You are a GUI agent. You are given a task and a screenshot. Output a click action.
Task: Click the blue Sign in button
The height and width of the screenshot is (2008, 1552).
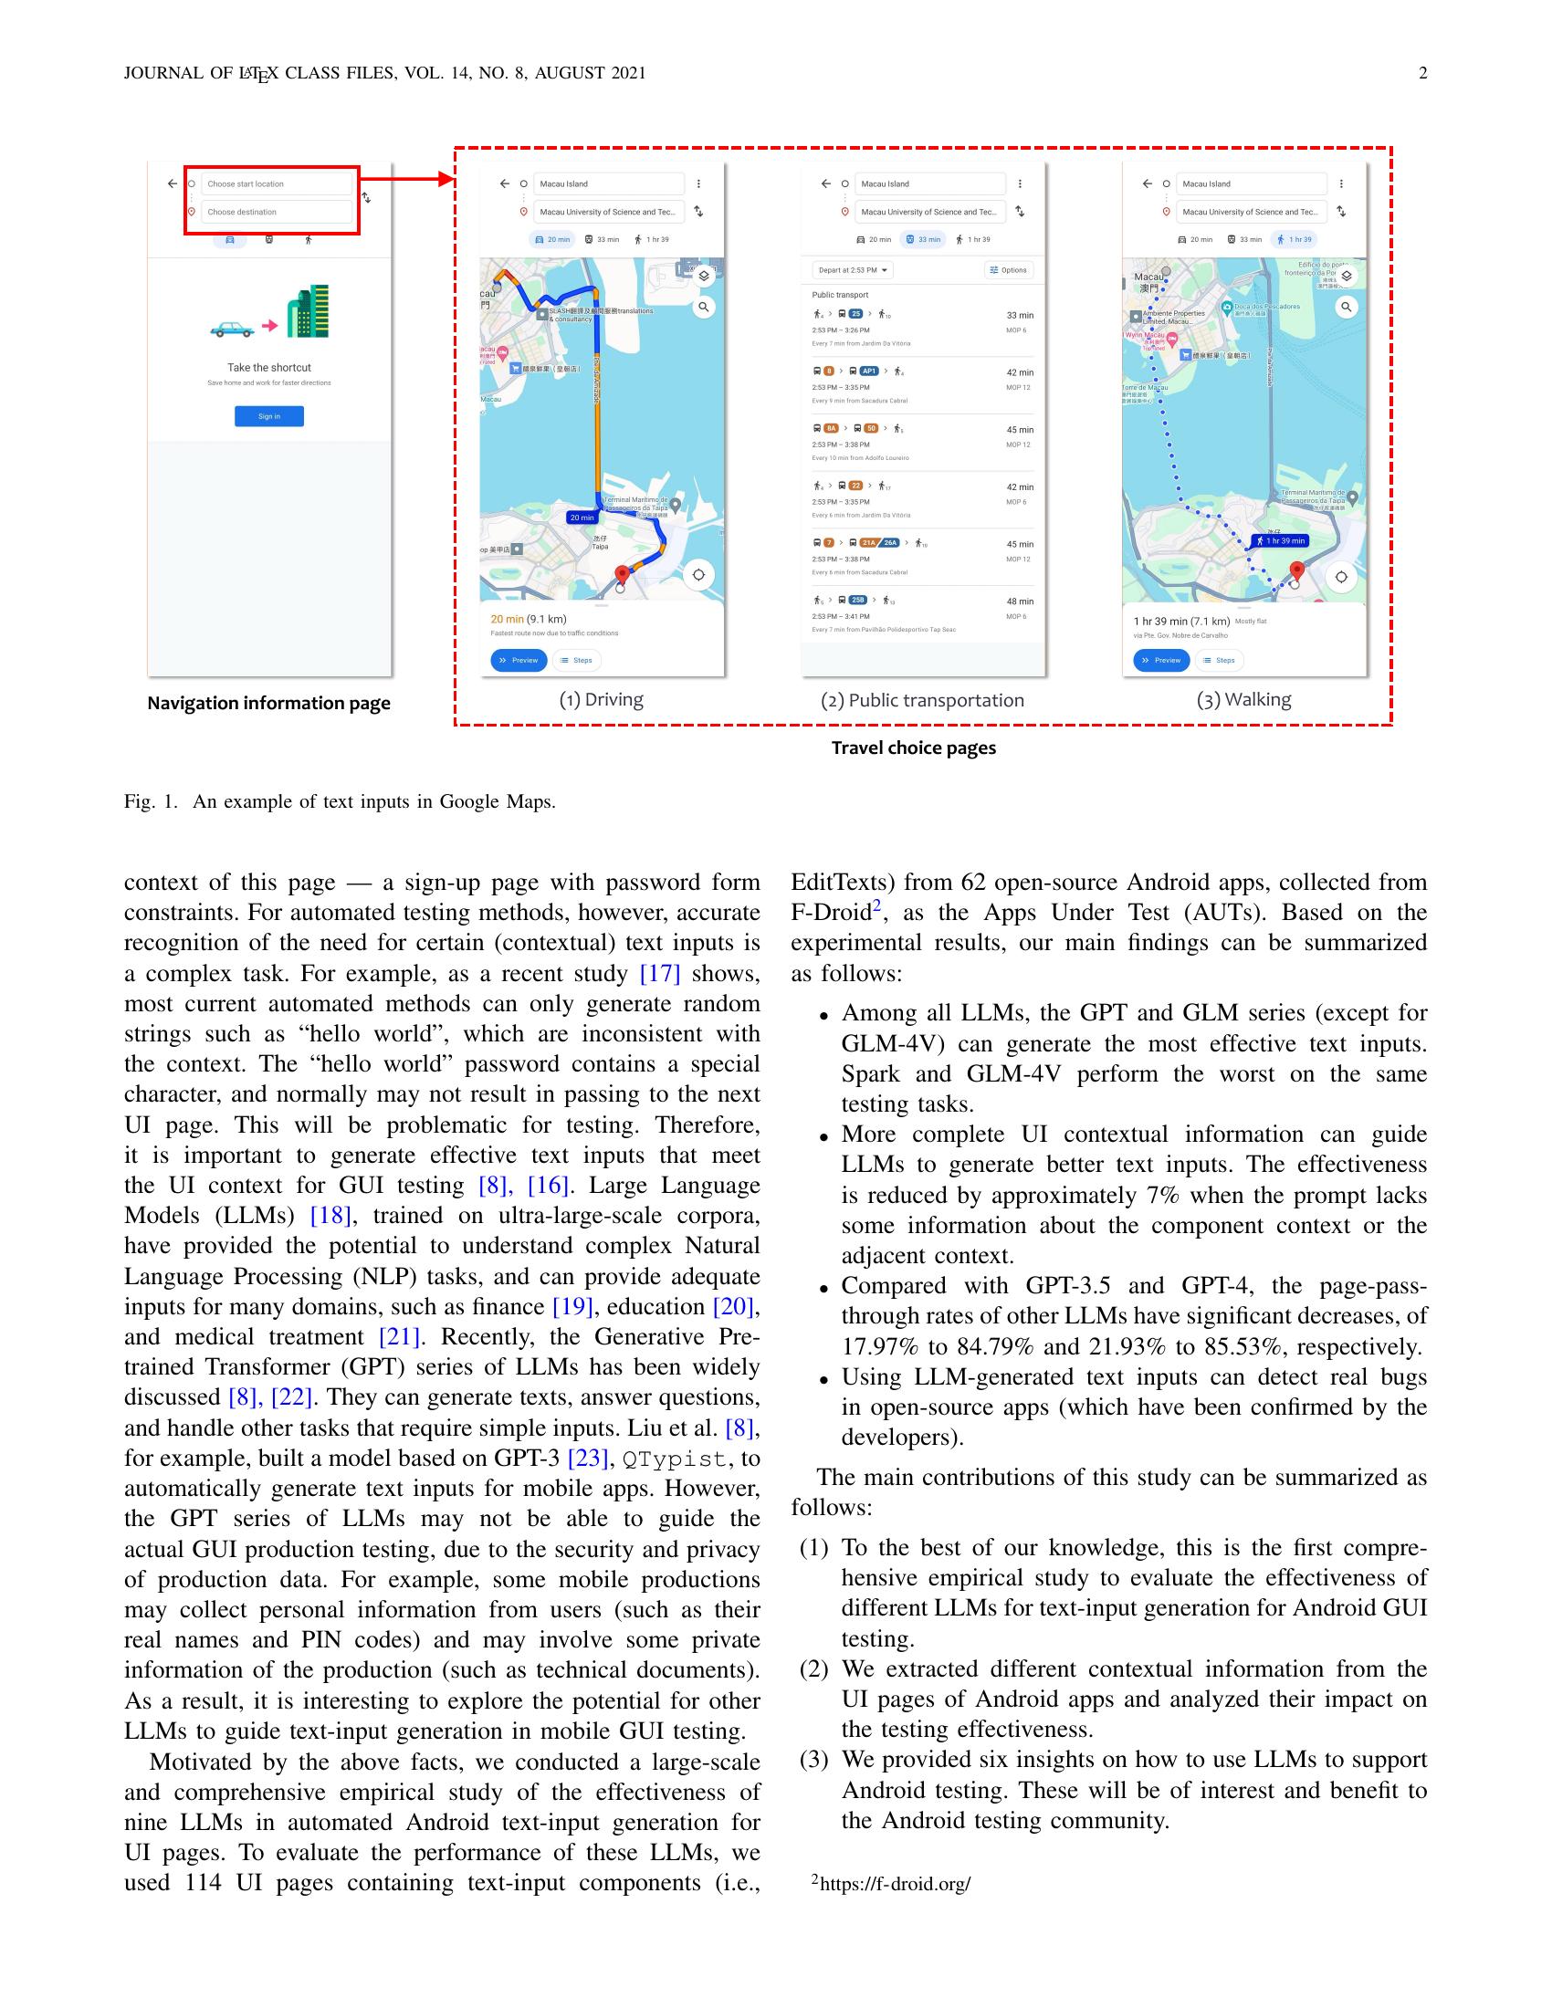268,416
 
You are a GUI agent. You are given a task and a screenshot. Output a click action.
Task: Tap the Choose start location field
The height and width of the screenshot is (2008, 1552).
276,183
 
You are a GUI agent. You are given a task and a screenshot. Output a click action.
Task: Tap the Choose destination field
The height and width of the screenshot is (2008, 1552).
276,212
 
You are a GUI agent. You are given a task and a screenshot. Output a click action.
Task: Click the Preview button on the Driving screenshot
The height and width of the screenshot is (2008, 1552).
519,660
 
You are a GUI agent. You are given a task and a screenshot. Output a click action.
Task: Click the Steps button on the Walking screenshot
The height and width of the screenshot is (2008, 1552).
1219,660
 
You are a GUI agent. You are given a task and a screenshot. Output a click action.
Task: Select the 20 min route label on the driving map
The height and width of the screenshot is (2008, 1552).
581,518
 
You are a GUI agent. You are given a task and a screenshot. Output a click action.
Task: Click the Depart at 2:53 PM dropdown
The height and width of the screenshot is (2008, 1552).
853,270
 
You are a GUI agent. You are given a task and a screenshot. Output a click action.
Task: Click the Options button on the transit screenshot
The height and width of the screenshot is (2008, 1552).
1009,270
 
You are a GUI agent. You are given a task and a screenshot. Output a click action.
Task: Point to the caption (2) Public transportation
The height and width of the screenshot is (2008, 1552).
921,701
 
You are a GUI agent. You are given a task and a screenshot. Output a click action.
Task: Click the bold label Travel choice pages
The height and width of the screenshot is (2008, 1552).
913,748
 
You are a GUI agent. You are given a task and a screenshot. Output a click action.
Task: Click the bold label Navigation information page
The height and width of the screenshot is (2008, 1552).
268,704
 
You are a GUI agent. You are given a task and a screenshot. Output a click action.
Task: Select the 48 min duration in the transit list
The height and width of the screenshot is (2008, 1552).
1019,601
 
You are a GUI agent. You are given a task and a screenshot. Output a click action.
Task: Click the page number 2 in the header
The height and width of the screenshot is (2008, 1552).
1422,74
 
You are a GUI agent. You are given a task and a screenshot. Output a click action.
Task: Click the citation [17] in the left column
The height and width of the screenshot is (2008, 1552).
659,974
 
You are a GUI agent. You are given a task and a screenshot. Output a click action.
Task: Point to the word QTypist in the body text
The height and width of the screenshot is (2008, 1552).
675,1459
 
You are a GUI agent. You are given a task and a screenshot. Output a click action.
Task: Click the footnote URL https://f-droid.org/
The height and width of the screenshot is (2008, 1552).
895,1884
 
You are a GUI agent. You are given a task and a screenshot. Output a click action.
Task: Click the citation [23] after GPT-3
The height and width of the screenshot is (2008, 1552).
589,1459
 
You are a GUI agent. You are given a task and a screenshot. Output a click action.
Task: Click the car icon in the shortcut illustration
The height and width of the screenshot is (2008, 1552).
232,329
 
